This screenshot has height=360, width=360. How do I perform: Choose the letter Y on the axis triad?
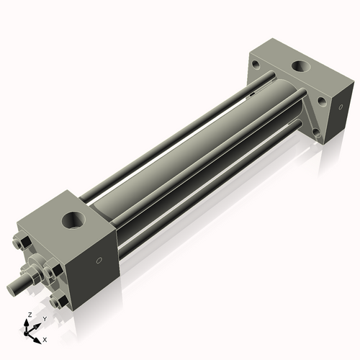click(44, 318)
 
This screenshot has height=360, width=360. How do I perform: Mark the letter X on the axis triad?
click(45, 338)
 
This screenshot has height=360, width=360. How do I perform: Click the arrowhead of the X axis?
click(37, 337)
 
